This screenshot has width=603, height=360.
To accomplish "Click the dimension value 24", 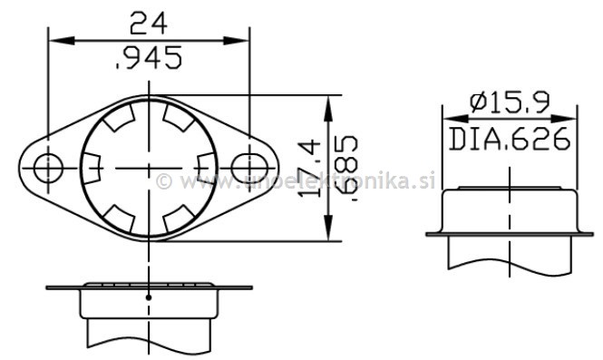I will point(150,22).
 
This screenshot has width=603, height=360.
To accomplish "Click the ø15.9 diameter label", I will point(509,102).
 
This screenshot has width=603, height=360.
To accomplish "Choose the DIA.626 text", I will point(509,139).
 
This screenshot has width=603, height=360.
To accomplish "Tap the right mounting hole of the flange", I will point(247,167).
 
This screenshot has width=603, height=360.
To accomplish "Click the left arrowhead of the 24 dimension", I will point(55,40).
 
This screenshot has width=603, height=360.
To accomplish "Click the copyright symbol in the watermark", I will point(164,180).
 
